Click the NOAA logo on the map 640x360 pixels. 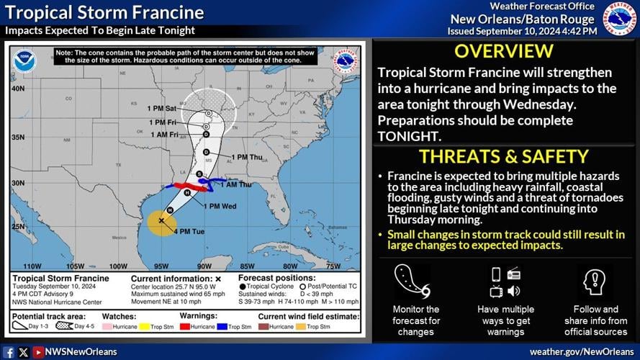(23, 60)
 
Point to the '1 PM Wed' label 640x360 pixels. (220, 206)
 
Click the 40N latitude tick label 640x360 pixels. (17, 88)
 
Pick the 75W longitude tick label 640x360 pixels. (333, 266)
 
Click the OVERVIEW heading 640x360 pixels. (504, 51)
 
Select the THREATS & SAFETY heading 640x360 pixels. (504, 156)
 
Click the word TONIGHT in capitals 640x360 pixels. (410, 135)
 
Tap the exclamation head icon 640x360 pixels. (595, 282)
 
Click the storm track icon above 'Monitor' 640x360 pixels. (413, 282)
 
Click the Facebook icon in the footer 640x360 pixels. (8, 352)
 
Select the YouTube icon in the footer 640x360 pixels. (37, 352)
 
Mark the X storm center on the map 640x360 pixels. (161, 220)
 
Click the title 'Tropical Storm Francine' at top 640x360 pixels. (104, 13)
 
